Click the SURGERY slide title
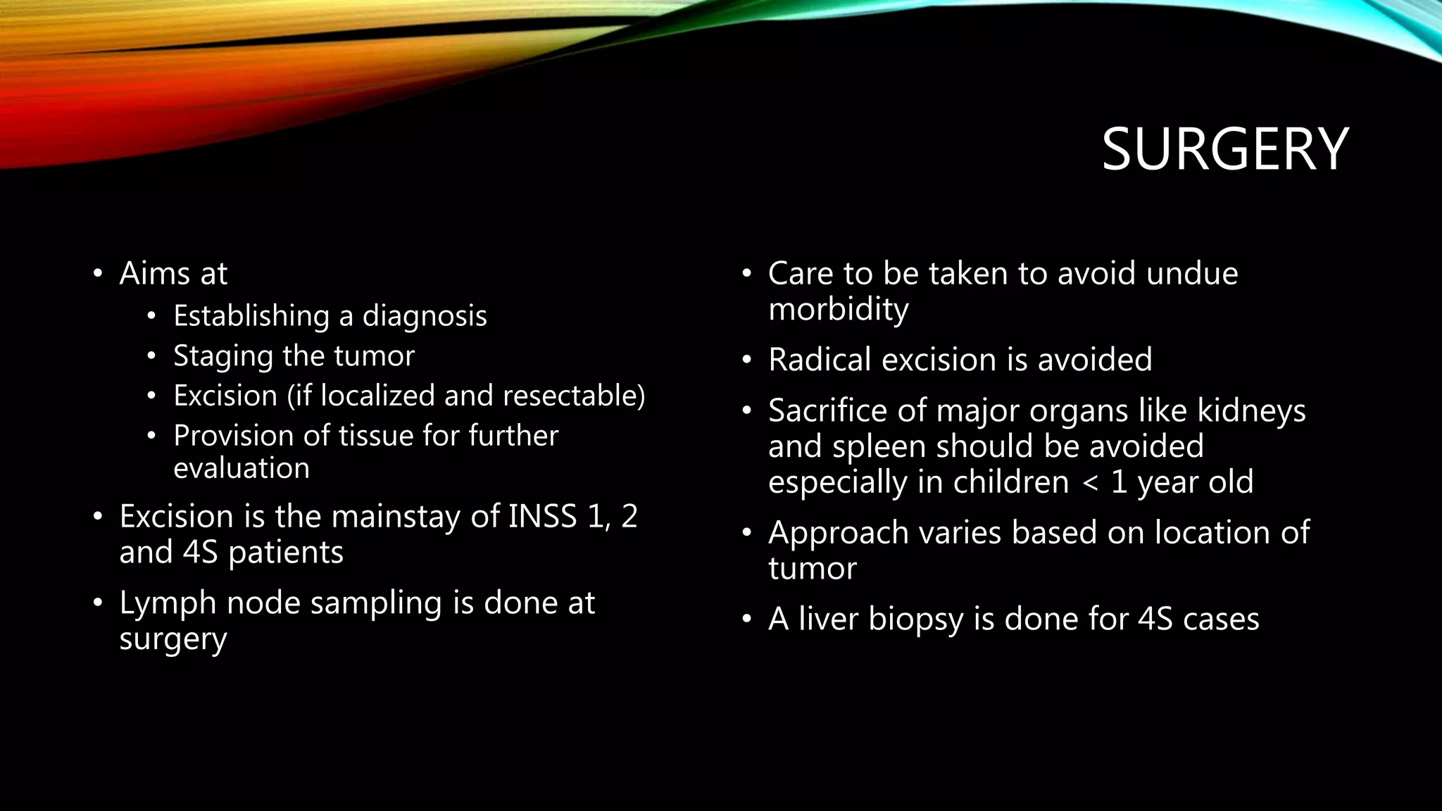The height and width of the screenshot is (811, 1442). [x=1224, y=149]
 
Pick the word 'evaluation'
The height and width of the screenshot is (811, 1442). [x=242, y=468]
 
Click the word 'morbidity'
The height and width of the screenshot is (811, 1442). [x=838, y=309]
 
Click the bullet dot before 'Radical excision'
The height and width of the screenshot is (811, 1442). [x=747, y=360]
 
